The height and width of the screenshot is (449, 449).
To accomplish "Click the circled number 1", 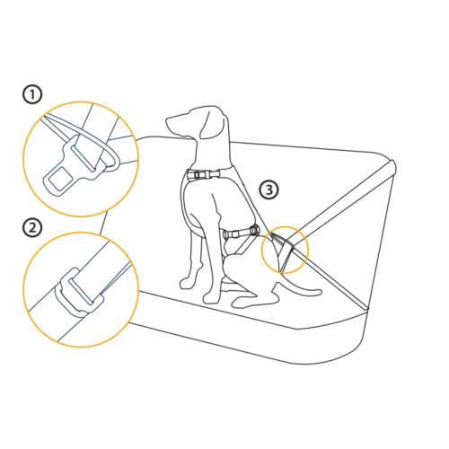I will tap(32, 93).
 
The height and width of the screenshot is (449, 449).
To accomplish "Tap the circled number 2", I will tap(32, 226).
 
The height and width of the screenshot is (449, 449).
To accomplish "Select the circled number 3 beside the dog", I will tap(269, 189).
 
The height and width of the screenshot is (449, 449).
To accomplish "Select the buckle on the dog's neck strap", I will tap(201, 175).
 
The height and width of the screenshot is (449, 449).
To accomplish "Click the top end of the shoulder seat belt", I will tap(391, 164).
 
